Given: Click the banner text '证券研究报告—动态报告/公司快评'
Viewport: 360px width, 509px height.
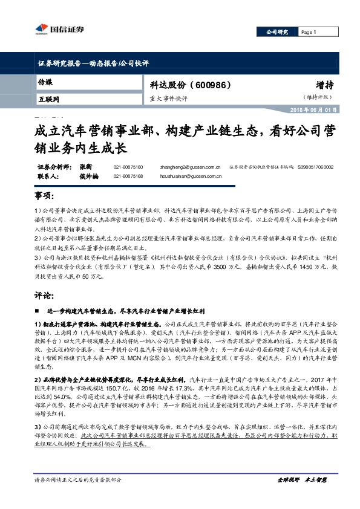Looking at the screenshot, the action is pos(93,63).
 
